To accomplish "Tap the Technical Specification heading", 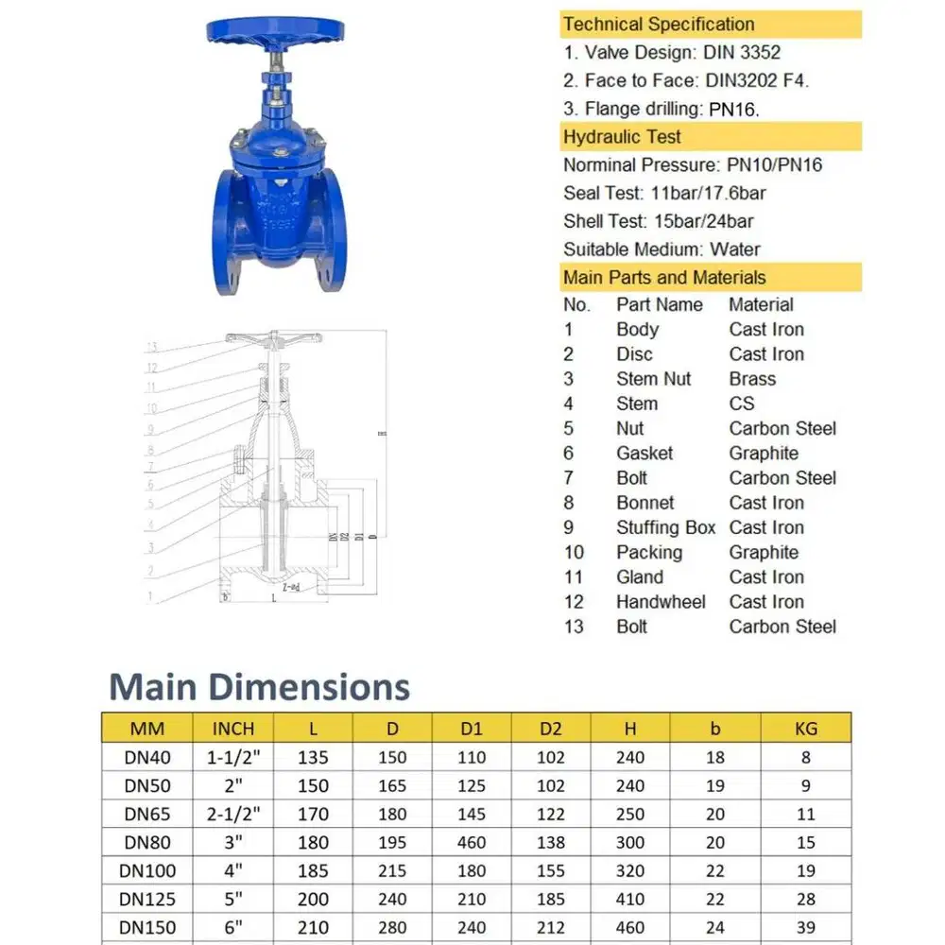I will (658, 25).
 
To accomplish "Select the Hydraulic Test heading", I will (622, 137).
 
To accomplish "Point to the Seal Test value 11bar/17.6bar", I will (708, 193).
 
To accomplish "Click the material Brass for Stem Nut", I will (752, 379).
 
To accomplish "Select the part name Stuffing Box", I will (665, 527).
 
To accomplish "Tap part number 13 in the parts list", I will (574, 627).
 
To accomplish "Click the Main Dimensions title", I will (260, 686).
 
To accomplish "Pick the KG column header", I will (805, 728).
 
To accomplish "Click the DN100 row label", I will (149, 870).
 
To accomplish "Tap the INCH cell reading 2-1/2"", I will (232, 814).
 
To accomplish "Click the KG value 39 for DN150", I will (805, 927).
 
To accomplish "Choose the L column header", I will (312, 728).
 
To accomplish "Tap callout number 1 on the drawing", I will (148, 596).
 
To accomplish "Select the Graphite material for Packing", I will (764, 552).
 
